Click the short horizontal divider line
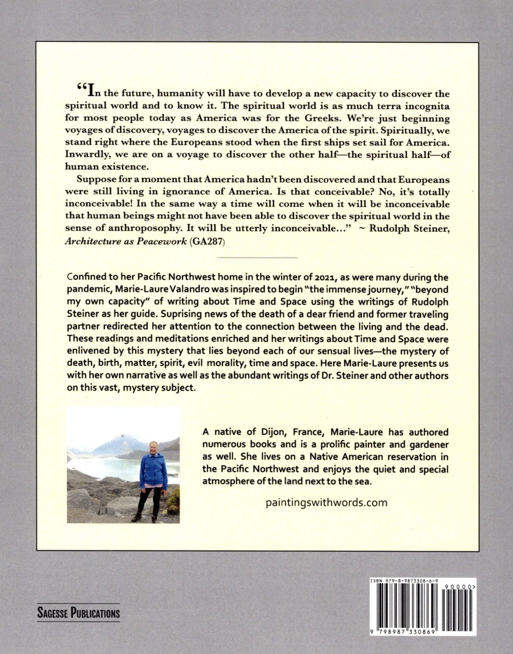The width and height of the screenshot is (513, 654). (257, 258)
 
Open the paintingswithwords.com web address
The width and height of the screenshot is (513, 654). (326, 503)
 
